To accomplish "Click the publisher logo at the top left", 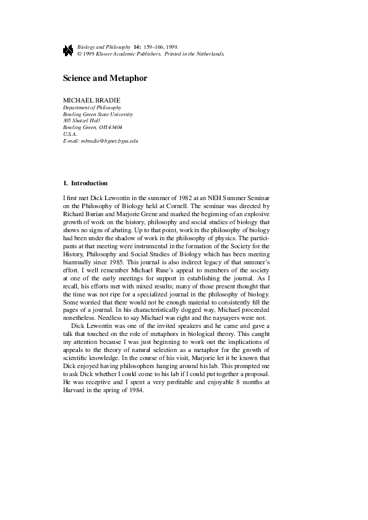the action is click(x=68, y=50).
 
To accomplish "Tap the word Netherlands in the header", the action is click(x=210, y=54).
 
